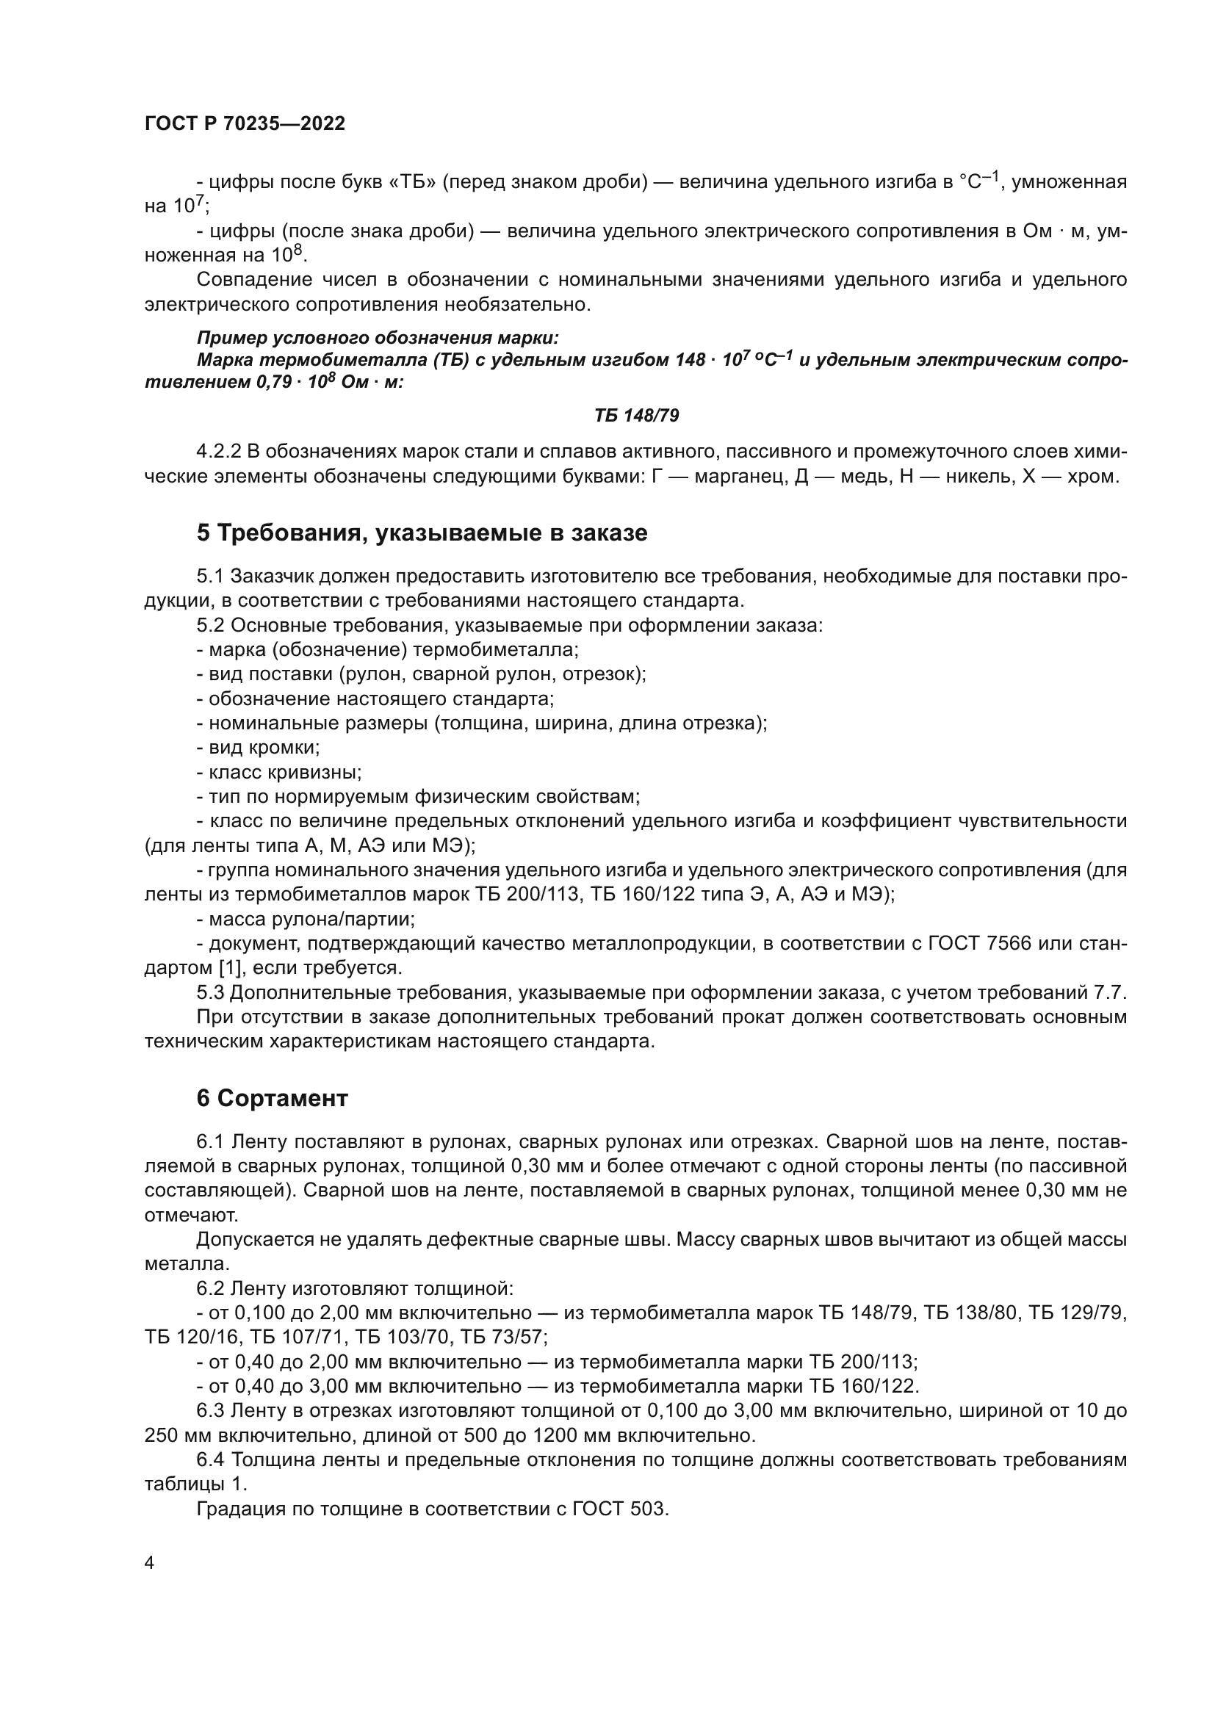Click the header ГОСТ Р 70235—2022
click(x=245, y=124)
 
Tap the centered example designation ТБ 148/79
click(x=637, y=415)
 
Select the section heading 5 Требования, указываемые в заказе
click(x=422, y=533)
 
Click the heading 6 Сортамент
click(x=273, y=1098)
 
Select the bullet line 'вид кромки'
click(x=258, y=748)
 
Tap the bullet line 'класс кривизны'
click(x=279, y=771)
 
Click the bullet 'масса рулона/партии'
click(x=306, y=919)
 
